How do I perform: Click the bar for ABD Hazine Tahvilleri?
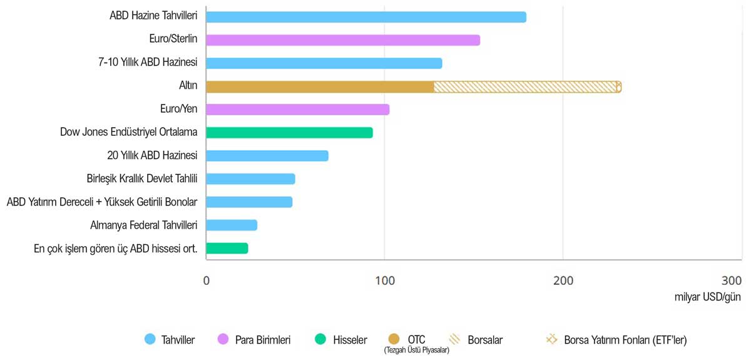[x=365, y=17]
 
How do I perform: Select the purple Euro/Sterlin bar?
[x=342, y=40]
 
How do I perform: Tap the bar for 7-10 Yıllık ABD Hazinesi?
[x=324, y=63]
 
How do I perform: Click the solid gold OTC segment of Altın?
[x=320, y=86]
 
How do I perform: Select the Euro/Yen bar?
[x=297, y=110]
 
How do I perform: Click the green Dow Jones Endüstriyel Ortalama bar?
[x=289, y=133]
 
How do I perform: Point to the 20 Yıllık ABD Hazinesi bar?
[x=267, y=156]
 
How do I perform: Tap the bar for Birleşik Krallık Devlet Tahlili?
[x=250, y=179]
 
